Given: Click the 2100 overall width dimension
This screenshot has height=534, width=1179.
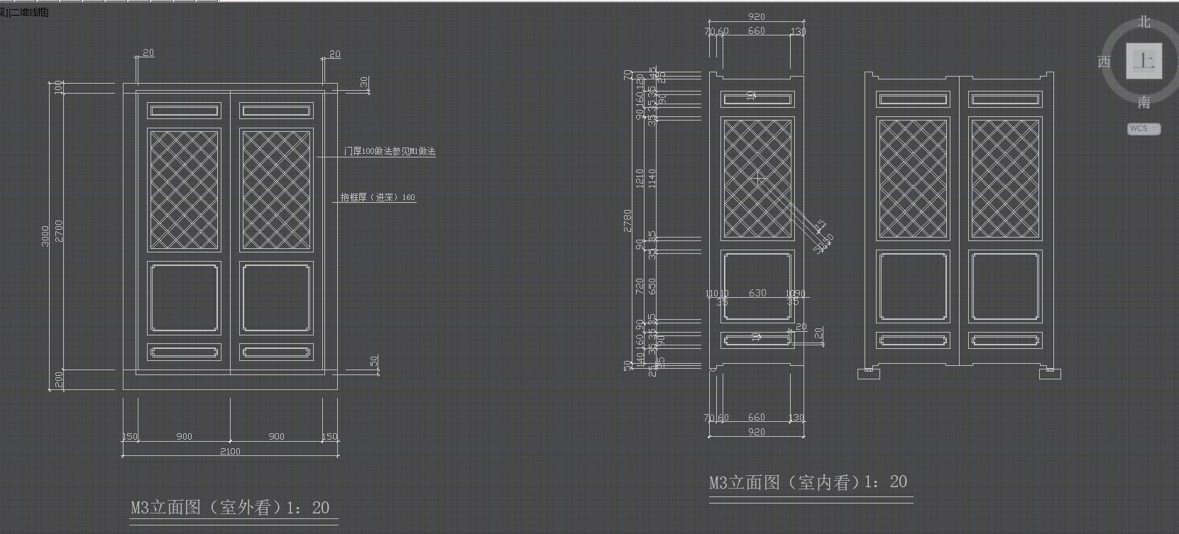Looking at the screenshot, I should coord(230,451).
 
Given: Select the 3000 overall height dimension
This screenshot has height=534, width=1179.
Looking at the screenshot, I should coord(46,235).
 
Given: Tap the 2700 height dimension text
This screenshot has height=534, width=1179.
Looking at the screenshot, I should coord(59,230).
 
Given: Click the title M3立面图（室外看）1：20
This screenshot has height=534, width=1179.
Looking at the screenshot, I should coord(230,508).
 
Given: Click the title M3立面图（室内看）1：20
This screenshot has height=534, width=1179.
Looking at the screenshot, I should coord(808,483).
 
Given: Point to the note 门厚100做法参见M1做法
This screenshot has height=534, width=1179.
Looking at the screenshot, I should coord(389,151).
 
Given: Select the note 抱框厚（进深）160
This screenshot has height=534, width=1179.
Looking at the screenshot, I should coord(378,197).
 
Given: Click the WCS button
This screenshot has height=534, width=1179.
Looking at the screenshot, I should coord(1143,128).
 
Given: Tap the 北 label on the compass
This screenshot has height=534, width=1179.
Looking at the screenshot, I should coord(1144,23).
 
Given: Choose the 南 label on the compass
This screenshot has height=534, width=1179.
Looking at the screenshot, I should coord(1144,103).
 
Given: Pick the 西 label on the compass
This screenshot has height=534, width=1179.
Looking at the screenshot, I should coord(1104,62).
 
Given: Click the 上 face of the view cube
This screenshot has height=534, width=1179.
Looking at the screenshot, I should coord(1144,61).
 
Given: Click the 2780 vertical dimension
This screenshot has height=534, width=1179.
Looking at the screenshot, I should coord(627,221).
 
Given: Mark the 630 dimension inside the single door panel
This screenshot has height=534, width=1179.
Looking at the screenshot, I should coord(757,293).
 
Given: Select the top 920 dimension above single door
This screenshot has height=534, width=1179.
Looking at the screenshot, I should coord(757,17).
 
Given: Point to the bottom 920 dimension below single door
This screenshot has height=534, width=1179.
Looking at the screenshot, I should coord(757,432).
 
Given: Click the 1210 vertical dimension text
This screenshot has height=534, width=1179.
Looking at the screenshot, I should coord(640,177).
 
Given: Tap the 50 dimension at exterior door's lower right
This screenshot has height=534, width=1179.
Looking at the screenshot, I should coord(374,362).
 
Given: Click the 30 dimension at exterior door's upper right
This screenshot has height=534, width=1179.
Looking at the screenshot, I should coord(364,82).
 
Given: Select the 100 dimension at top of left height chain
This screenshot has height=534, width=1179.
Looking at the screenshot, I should coord(58,87).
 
